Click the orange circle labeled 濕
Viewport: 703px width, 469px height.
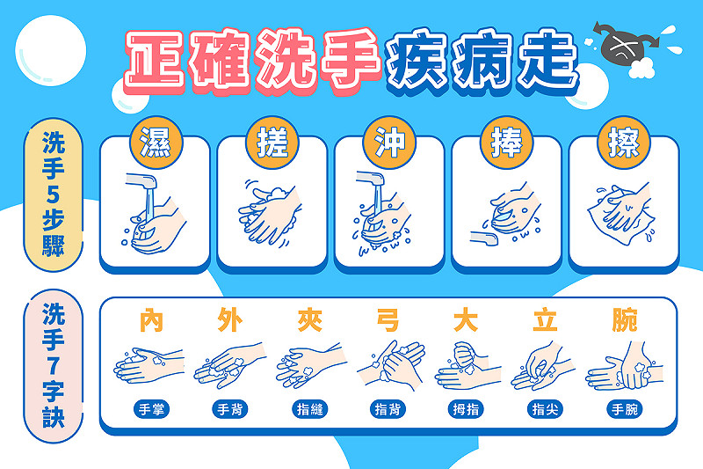click(156, 143)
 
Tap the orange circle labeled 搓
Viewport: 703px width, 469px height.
click(272, 143)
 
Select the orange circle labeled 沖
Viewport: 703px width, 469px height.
click(389, 143)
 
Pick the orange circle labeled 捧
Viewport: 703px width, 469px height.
click(507, 143)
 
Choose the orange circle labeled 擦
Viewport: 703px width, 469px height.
click(624, 143)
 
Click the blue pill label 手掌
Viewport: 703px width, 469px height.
click(151, 409)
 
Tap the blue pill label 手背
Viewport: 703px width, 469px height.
click(230, 409)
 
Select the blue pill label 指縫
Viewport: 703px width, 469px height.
click(309, 409)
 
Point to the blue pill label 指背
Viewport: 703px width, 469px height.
click(388, 409)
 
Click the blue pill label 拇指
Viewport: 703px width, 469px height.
click(466, 409)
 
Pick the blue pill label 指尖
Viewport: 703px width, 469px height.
click(545, 409)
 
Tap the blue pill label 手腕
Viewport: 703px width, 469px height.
click(625, 409)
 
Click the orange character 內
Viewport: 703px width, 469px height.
click(151, 320)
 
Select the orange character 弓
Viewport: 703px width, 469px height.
click(388, 320)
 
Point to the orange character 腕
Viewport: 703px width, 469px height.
click(625, 320)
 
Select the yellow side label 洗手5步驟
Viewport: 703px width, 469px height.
click(54, 194)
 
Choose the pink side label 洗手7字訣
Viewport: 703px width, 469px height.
click(54, 366)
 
